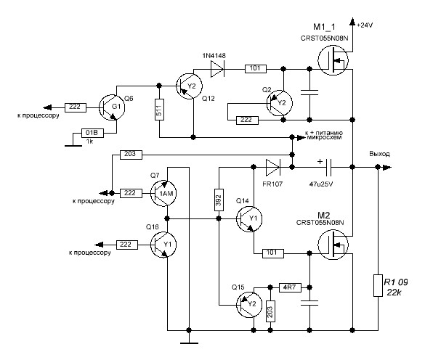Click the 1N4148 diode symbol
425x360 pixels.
(217, 69)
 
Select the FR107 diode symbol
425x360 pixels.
(272, 167)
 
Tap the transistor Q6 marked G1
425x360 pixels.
(112, 107)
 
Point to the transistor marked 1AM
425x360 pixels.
(163, 193)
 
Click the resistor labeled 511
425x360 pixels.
(159, 110)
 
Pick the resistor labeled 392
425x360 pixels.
(219, 200)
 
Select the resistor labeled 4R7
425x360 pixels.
(290, 287)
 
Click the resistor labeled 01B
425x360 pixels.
(93, 133)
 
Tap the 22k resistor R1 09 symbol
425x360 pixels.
(378, 285)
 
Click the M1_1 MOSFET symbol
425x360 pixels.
(333, 60)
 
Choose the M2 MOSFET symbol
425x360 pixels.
(333, 245)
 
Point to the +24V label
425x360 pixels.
(365, 25)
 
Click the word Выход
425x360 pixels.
(379, 154)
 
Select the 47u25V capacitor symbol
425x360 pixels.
(328, 167)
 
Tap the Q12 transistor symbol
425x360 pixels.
(189, 86)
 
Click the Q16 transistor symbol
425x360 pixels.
(163, 245)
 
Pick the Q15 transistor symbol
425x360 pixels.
(249, 304)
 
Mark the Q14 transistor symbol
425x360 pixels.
(249, 218)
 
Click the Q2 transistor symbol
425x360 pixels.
(280, 103)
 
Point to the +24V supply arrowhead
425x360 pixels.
(352, 22)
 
